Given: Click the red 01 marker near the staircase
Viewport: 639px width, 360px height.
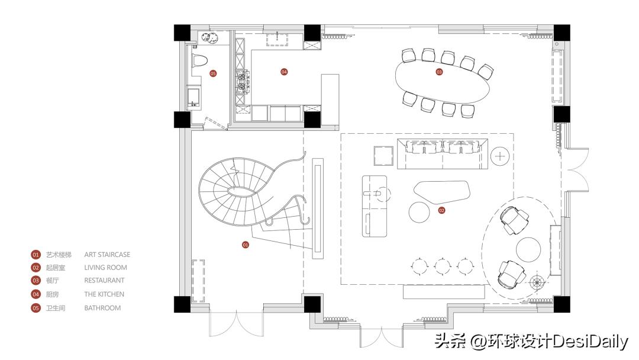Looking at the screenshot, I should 246,244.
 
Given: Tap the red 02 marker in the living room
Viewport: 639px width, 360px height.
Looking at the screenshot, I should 441,210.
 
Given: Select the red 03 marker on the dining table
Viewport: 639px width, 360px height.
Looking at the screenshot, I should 439,72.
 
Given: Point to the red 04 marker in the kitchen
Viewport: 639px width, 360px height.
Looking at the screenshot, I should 284,72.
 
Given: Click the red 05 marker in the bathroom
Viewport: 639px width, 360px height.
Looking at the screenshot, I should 213,73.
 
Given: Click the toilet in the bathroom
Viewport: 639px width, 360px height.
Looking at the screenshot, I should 199,60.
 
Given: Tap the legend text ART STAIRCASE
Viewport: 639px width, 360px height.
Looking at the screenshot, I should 107,255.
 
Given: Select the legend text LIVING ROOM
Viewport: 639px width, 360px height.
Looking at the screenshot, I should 105,268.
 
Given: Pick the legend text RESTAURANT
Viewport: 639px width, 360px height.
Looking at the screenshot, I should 104,281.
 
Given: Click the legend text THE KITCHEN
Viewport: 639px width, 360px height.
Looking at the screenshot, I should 104,294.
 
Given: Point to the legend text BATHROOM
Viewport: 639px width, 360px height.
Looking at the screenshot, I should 102,308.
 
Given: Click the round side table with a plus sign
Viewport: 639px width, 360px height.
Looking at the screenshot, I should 501,156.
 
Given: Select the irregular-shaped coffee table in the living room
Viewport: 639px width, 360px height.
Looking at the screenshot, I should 442,192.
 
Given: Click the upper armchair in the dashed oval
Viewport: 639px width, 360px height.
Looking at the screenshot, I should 514,218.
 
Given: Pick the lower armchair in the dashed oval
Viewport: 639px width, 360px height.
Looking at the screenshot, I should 512,272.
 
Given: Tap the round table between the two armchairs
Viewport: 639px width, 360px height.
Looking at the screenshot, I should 529,249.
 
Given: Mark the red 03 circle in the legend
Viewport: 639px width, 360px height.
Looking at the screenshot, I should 35,281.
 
